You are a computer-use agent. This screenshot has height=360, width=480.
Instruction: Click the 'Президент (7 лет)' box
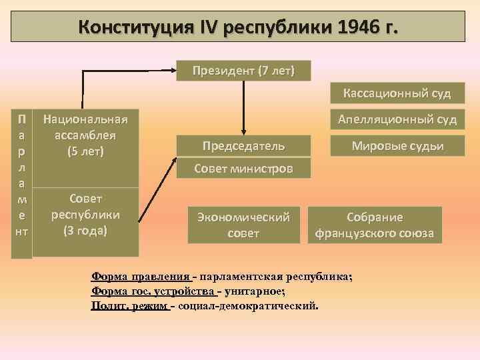point(243,71)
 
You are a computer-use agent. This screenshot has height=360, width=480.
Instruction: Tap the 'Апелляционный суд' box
point(397,120)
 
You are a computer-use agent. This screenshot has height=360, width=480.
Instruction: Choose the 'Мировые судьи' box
point(397,146)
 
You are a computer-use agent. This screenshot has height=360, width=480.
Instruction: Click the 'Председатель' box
point(243,146)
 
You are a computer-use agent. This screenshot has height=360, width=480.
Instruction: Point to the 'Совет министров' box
point(243,169)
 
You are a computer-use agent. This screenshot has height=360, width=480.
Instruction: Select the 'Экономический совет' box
point(243,225)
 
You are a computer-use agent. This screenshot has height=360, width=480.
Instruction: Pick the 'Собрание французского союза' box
point(374,225)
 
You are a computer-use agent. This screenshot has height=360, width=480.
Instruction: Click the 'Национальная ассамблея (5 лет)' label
point(85,135)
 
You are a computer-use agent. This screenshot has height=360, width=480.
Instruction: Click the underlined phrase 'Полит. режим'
point(129,306)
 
